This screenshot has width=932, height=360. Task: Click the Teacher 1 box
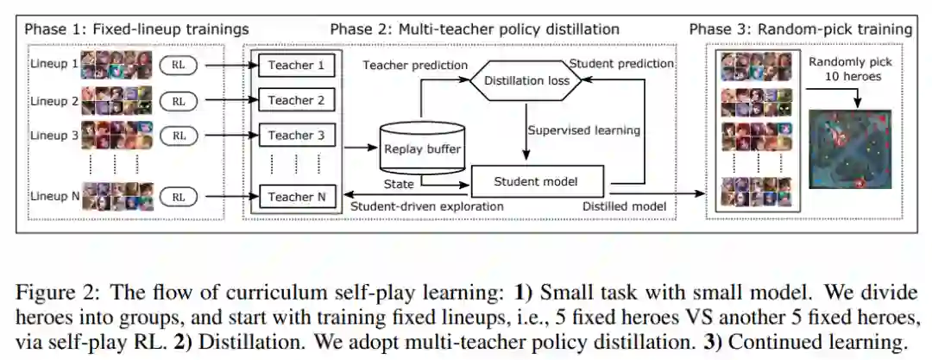[296, 65]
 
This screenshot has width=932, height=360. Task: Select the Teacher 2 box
[296, 100]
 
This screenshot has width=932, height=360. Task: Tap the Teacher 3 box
[296, 136]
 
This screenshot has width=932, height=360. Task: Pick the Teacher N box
[296, 197]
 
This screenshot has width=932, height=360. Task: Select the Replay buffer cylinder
[421, 148]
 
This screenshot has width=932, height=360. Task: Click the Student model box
[535, 181]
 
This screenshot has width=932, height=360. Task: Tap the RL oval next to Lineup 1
[178, 64]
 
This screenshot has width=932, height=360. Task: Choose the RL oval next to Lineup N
[178, 197]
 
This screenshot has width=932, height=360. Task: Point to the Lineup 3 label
[54, 135]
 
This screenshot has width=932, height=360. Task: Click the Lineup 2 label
[54, 99]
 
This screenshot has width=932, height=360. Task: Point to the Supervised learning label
[585, 131]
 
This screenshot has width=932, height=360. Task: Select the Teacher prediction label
[415, 66]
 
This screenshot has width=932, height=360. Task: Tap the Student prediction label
[621, 63]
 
